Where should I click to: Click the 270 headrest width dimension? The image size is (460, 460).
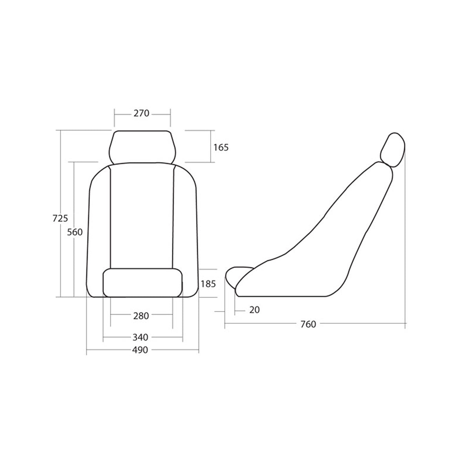[x=141, y=113]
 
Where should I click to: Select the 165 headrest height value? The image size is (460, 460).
[x=221, y=147]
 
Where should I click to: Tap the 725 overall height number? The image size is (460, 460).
[x=60, y=218]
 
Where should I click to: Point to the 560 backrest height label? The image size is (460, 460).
[x=75, y=232]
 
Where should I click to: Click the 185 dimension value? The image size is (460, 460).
[x=208, y=284]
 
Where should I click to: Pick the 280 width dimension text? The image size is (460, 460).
[x=141, y=316]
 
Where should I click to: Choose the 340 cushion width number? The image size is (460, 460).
[x=140, y=338]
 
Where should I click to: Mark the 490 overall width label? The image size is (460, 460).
[x=140, y=350]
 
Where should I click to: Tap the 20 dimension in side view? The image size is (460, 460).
[x=254, y=310]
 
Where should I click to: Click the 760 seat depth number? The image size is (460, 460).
[x=308, y=324]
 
